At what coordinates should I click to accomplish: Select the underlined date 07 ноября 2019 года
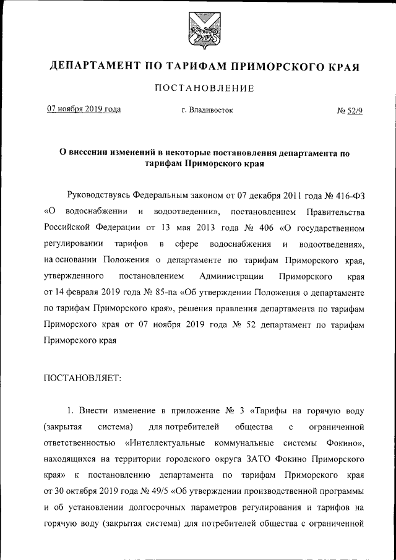[x=84, y=110]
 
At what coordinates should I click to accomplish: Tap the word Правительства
[x=335, y=212]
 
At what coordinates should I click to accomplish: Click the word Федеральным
[x=164, y=196]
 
